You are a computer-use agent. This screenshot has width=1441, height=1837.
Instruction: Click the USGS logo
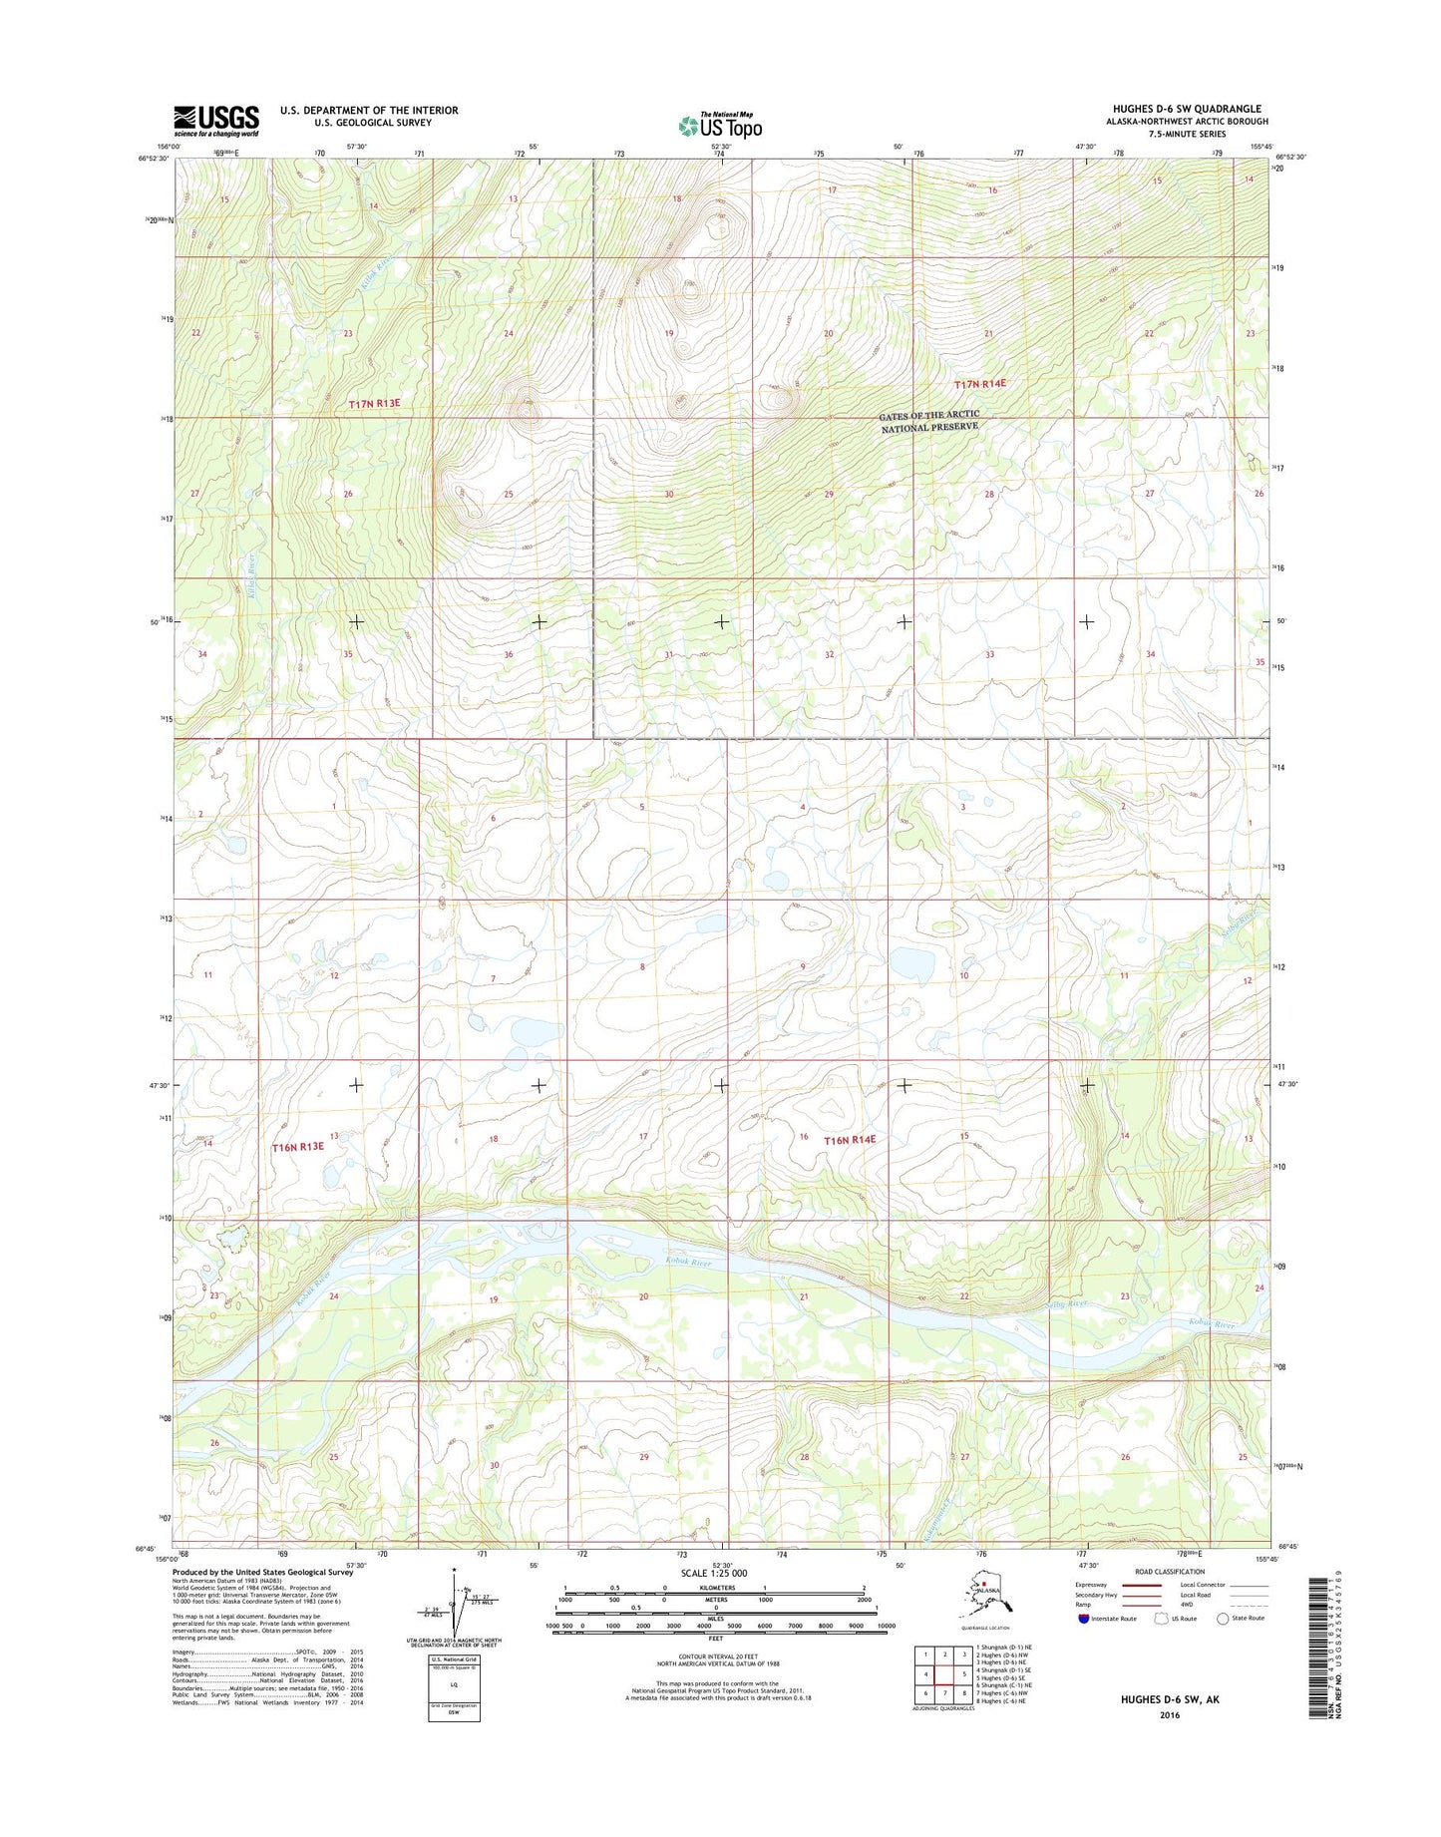tap(216, 121)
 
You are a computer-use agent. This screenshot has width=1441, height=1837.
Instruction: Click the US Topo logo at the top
tap(720, 126)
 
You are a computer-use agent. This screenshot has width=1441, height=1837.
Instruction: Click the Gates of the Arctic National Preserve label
tap(928, 421)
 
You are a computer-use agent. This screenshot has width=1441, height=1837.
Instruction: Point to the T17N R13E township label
tap(374, 403)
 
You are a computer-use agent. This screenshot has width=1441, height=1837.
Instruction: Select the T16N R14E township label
tap(849, 1139)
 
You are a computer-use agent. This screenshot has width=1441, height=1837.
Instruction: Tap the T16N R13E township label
tap(298, 1147)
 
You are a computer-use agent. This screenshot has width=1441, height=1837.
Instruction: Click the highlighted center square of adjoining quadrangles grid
tap(944, 1673)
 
